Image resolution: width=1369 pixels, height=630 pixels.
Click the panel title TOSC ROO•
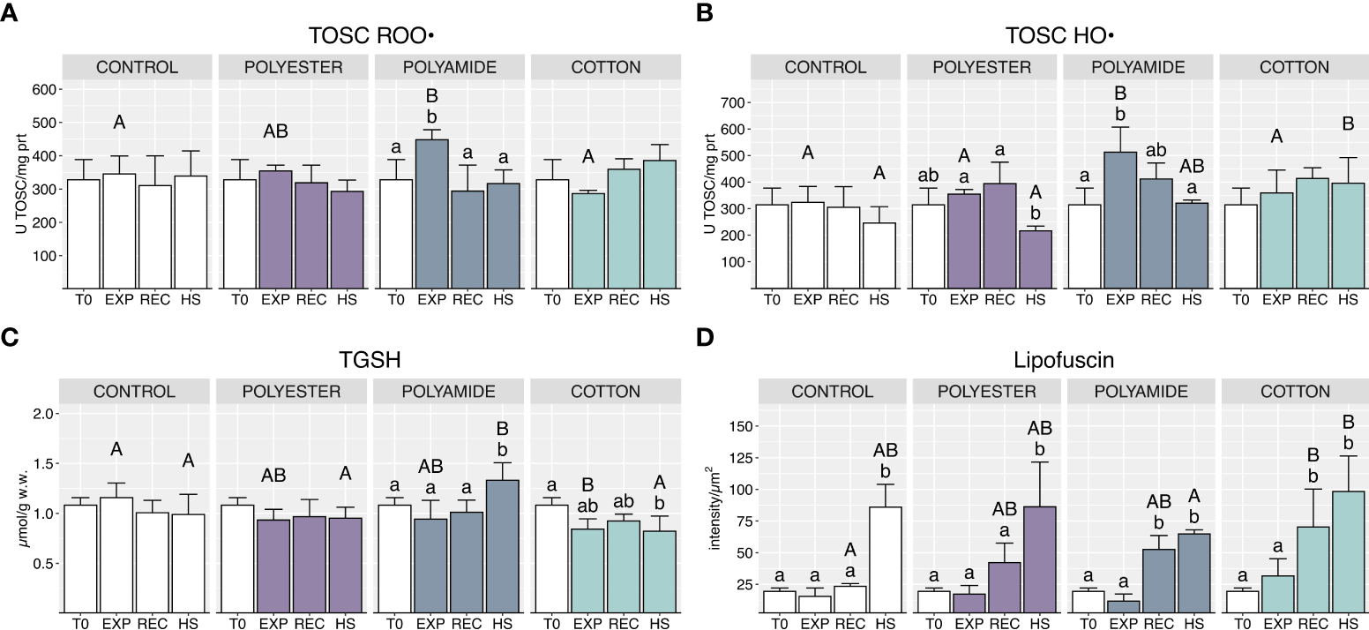click(x=373, y=36)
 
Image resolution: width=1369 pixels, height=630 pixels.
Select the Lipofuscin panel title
click(x=1057, y=361)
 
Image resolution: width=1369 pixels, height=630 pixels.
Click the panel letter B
click(x=705, y=14)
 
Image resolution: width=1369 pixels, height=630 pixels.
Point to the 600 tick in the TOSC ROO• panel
click(x=45, y=89)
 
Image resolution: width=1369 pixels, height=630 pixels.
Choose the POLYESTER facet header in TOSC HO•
click(x=981, y=67)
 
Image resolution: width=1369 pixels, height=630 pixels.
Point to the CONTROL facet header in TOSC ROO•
click(x=137, y=67)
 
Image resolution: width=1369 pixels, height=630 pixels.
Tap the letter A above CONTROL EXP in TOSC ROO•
click(x=119, y=123)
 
